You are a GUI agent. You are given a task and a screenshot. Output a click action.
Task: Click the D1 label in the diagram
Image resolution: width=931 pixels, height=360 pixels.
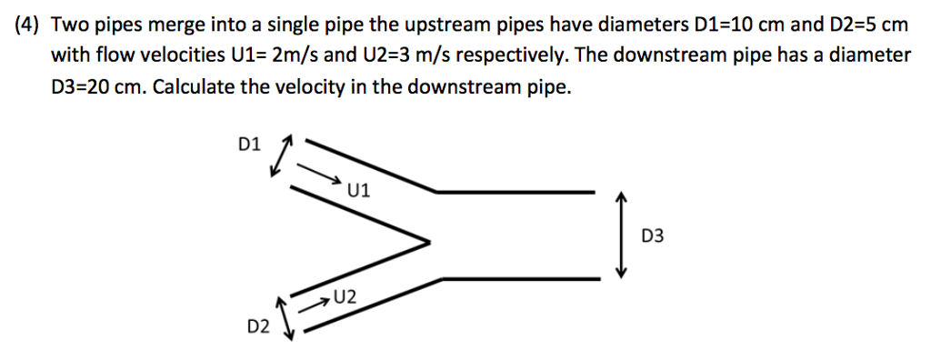[x=248, y=144]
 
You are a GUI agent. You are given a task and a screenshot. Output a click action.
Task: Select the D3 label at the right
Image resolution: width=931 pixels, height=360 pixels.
[x=653, y=236]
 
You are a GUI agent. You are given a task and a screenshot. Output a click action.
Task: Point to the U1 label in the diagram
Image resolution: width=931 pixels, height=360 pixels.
[x=358, y=190]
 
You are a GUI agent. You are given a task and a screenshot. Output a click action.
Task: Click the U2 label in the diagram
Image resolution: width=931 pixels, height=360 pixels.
[x=345, y=295]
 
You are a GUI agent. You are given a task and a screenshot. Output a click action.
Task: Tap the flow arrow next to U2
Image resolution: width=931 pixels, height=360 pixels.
[x=315, y=301]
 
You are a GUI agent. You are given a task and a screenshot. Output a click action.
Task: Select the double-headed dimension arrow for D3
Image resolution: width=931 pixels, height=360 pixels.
[x=622, y=235]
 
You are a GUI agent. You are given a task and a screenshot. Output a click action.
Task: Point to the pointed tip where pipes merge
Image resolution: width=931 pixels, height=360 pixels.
[x=426, y=242]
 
